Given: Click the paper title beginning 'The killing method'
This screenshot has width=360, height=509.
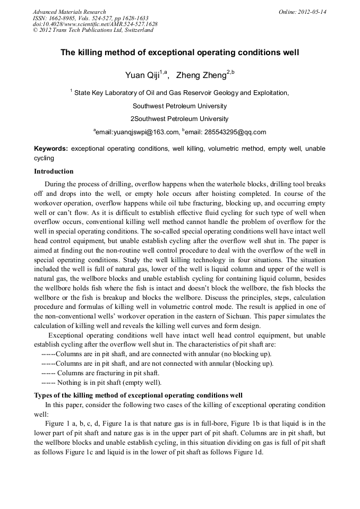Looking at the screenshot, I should pos(179,53).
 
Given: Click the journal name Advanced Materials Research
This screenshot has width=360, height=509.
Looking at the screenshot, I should pos(70,12).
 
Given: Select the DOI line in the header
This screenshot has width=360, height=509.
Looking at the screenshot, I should pos(95,24).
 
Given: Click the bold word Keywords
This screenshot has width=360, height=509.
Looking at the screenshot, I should pos(50,149).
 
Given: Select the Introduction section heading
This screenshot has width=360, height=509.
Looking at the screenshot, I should pos(54,171).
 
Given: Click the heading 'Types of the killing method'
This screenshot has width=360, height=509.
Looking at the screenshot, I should pos(138,395).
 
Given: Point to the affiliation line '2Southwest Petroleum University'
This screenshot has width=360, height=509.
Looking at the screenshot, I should pos(179,118).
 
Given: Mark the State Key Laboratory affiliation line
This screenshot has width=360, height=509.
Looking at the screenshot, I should pos(181,92).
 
